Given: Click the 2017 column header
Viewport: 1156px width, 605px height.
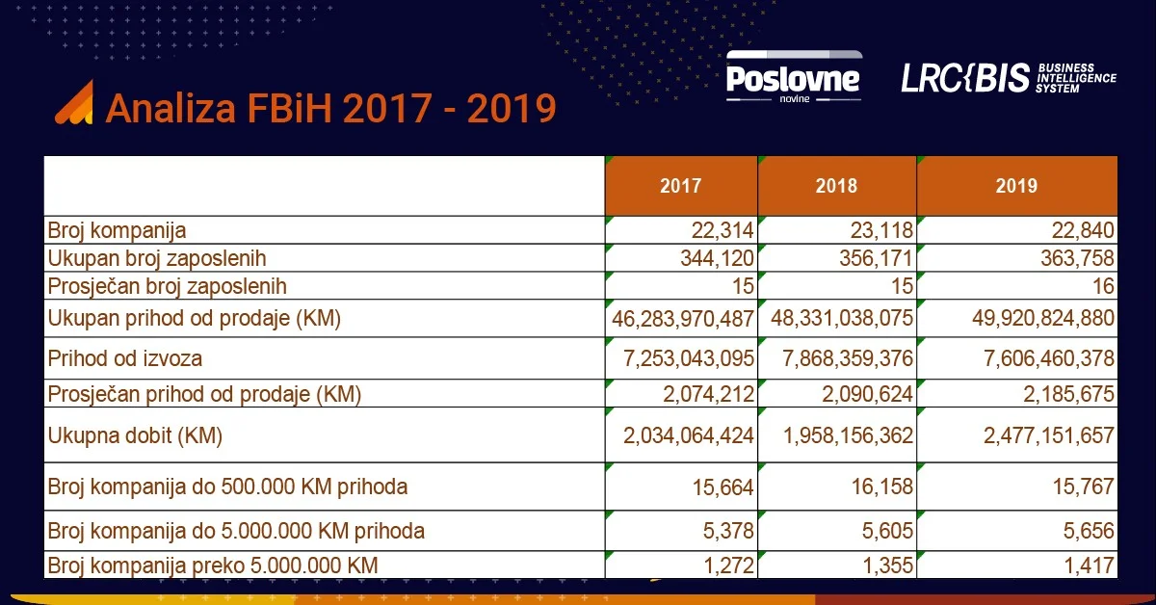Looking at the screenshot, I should pos(680,186).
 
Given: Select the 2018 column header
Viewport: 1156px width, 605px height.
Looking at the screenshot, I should pos(836,186).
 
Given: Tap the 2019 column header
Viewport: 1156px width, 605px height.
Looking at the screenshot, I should pos(1016,186).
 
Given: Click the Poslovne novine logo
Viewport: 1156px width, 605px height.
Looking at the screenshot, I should pos(793,77).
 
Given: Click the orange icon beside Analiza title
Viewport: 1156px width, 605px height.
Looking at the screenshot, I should pos(74,103).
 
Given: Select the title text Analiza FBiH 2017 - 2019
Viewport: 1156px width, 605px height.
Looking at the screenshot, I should pos(331,109).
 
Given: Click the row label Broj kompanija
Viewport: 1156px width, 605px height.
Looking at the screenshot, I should pos(117,230).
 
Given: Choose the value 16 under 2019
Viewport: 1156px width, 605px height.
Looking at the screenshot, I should pos(1103,286).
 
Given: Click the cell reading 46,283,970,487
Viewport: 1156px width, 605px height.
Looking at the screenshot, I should pos(683,318).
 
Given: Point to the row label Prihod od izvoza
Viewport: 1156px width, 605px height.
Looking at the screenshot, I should pos(125,359).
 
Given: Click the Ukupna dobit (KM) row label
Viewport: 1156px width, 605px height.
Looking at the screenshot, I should pos(135,435).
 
